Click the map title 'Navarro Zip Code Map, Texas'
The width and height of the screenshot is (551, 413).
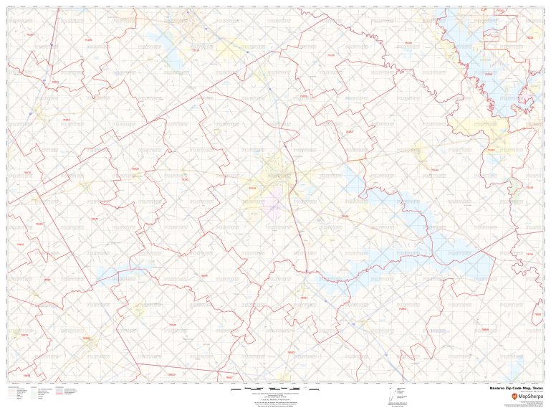(516, 388)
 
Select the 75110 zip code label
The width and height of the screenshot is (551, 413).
(251, 189)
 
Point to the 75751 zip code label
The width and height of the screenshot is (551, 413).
(530, 255)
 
